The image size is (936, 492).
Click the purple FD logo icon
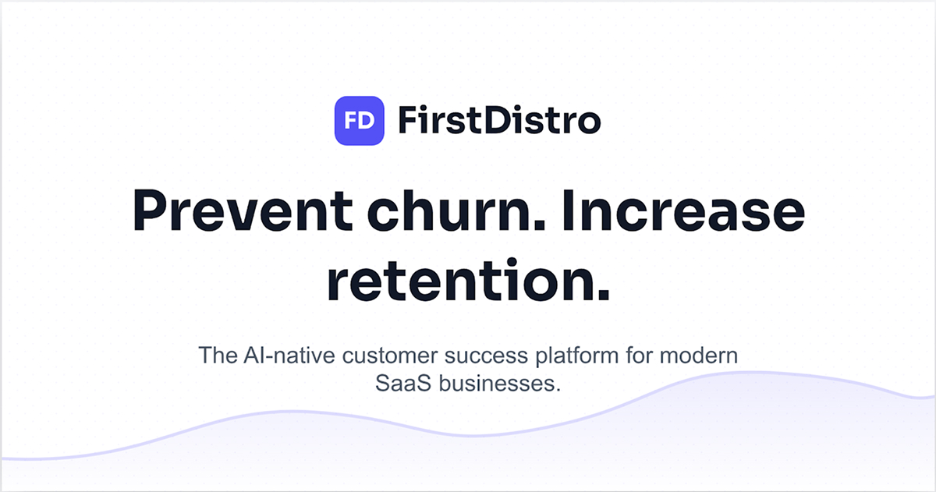click(359, 121)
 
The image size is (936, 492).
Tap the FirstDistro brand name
click(499, 121)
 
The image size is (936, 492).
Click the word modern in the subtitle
click(697, 356)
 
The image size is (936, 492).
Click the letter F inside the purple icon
click(351, 121)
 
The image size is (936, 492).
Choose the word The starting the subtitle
click(215, 356)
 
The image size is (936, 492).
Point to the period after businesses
click(558, 390)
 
